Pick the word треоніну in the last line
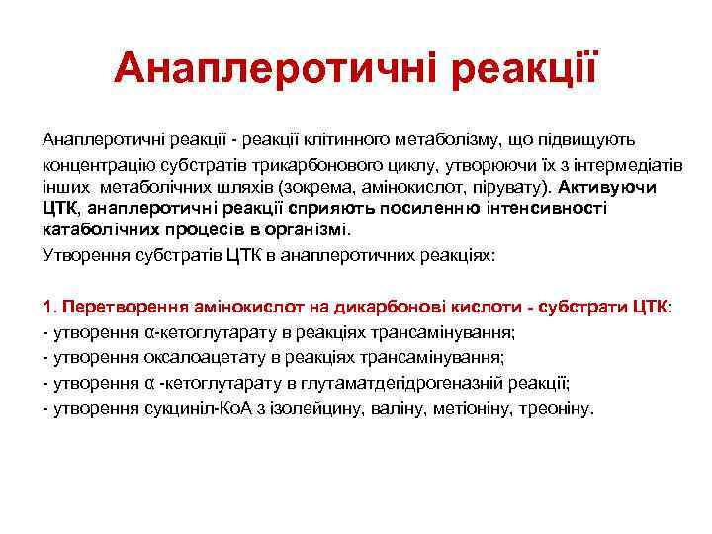(558, 407)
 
